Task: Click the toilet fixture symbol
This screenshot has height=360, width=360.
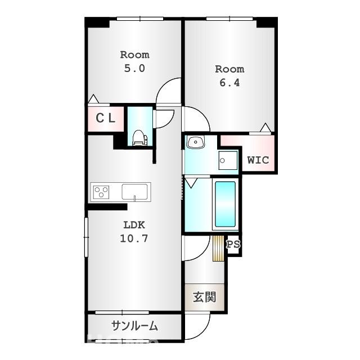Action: point(139,138)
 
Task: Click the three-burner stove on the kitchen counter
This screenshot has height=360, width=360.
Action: point(101,192)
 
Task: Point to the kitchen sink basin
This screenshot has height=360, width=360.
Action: point(134,191)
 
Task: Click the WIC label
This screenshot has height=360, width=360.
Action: point(258,160)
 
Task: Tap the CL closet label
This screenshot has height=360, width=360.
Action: point(105,118)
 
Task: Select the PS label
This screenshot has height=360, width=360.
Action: point(233,244)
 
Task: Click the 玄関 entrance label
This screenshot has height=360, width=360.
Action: point(205,297)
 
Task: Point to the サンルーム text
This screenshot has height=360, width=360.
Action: point(134,326)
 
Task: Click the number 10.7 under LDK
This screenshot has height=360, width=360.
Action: point(134,238)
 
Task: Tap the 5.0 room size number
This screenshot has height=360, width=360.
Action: point(134,68)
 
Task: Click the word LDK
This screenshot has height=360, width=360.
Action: point(134,224)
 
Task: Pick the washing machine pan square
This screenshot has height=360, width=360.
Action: point(228,161)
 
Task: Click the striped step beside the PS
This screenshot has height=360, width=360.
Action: point(218,248)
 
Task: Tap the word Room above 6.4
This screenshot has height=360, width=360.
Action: point(229,69)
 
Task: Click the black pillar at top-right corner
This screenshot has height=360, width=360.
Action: point(267,22)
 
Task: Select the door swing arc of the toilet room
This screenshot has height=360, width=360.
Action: point(163,119)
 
